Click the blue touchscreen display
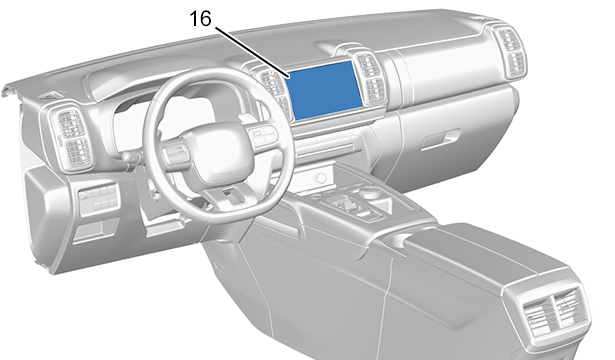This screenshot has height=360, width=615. pyautogui.click(x=325, y=90)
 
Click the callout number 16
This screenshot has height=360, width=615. pyautogui.click(x=200, y=18)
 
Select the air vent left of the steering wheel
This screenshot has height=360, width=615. pyautogui.click(x=72, y=137)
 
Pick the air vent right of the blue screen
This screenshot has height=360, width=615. pyautogui.click(x=370, y=78)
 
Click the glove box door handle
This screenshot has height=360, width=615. pyautogui.click(x=439, y=139)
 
